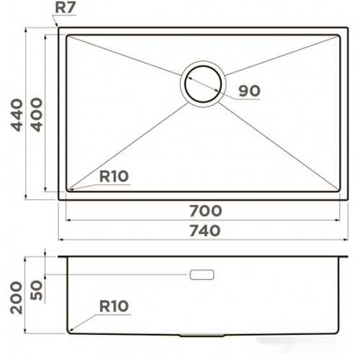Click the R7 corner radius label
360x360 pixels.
click(66, 8)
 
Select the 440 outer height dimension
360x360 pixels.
click(17, 115)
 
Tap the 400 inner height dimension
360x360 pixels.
click(37, 114)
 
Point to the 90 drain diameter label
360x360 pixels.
click(249, 91)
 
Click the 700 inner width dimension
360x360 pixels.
click(206, 211)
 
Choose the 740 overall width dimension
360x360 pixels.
click(205, 230)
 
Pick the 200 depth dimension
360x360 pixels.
click(17, 298)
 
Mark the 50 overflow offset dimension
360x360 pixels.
click(37, 290)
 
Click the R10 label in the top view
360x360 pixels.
click(114, 176)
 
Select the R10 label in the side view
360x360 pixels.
click(114, 306)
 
